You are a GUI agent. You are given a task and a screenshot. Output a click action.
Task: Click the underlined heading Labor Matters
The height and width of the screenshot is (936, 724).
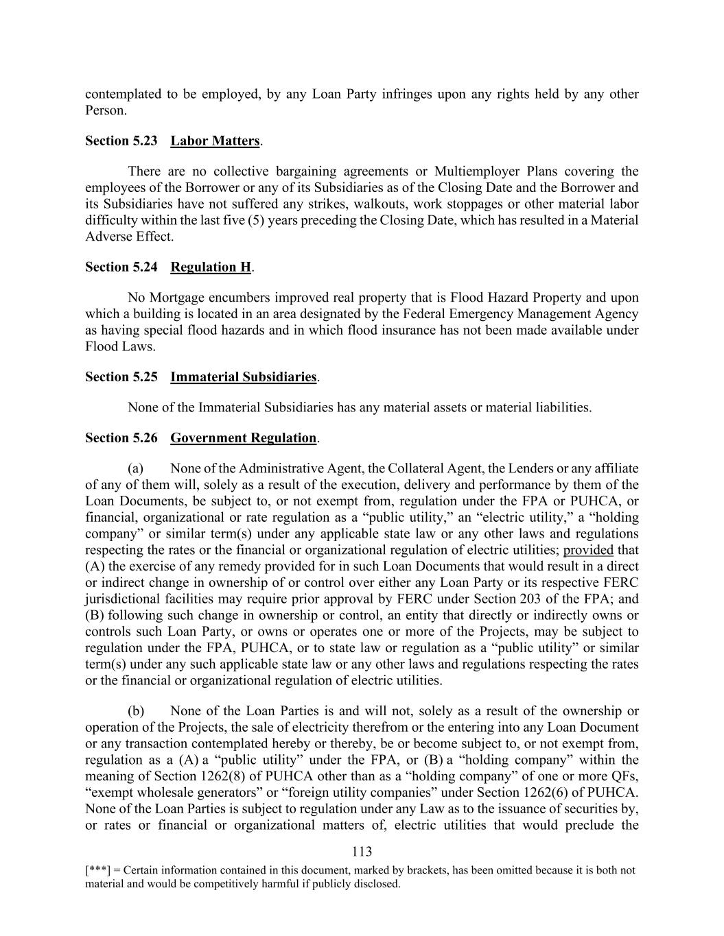coord(215,141)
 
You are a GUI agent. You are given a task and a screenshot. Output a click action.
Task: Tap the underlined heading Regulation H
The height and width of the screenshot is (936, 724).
coord(211,267)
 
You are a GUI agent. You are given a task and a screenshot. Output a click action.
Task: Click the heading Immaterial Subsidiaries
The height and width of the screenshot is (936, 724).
coord(244,377)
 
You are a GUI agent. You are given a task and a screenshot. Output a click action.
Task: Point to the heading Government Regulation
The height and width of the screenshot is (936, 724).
coord(244,438)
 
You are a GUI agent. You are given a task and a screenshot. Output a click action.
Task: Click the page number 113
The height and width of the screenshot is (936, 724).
coord(362,852)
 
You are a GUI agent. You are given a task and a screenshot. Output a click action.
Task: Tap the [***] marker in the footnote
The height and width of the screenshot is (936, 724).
coord(95,870)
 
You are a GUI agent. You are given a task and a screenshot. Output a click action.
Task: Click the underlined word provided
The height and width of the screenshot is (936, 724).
coord(588,551)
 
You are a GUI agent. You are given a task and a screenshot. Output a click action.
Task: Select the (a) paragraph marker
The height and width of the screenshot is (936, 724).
coord(135,469)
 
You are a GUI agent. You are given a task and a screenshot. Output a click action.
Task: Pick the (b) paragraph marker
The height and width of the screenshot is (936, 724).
coord(136,711)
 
